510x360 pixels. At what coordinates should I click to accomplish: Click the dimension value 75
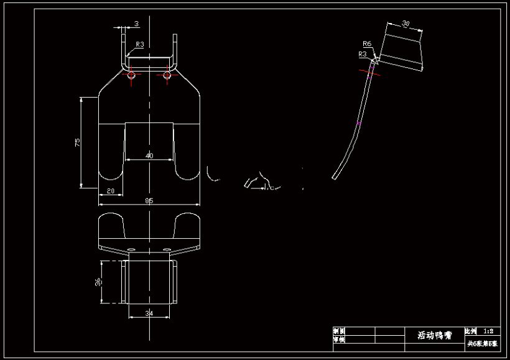click(x=77, y=142)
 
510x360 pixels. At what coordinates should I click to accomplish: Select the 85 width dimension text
click(x=150, y=200)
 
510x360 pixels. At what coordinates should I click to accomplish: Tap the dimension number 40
click(x=149, y=156)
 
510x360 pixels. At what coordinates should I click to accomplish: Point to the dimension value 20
click(x=111, y=191)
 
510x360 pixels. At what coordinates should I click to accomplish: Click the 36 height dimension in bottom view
click(x=98, y=282)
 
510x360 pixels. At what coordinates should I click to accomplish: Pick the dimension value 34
click(x=149, y=313)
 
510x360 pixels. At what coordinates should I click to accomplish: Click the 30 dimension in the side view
click(x=406, y=24)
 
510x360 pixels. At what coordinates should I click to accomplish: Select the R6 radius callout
click(x=367, y=44)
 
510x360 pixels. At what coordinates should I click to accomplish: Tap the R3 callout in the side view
click(x=362, y=54)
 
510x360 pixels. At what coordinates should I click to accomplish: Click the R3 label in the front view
click(x=140, y=45)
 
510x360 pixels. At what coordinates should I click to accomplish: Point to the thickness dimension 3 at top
click(x=136, y=24)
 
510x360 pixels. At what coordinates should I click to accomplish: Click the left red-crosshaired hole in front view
click(x=131, y=75)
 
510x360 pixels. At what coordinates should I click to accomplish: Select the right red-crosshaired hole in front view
click(x=167, y=75)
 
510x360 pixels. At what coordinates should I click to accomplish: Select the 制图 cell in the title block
click(x=339, y=331)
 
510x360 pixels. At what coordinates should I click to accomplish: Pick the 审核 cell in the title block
click(x=339, y=339)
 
